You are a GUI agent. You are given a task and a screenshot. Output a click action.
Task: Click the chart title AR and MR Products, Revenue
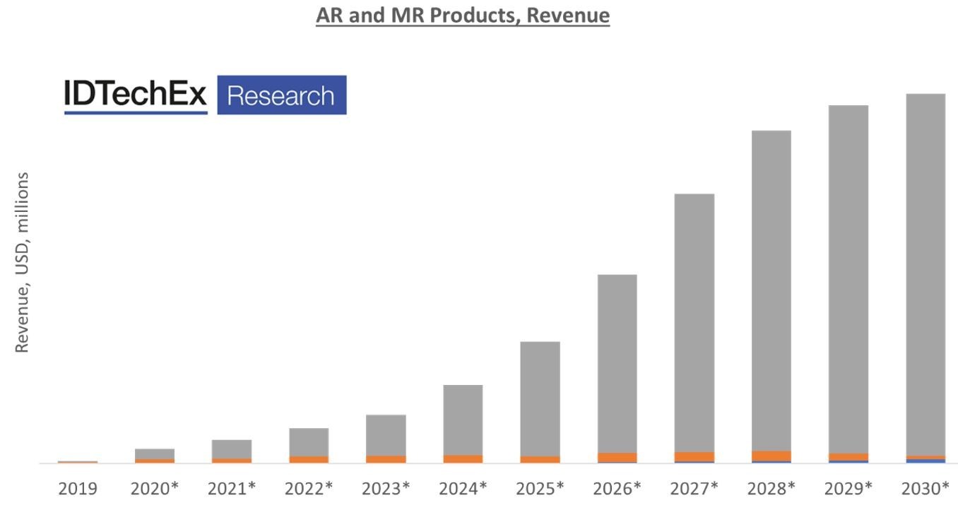tap(463, 15)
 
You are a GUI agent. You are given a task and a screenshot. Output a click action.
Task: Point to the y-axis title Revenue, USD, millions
tap(22, 262)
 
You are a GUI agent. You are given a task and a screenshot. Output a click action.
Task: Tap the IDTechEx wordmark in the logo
tap(135, 95)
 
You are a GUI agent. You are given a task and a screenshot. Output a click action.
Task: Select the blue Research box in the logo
tap(281, 95)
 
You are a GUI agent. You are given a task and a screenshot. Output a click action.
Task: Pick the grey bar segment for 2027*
tap(694, 322)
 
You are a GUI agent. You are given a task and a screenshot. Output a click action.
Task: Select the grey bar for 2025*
tap(540, 398)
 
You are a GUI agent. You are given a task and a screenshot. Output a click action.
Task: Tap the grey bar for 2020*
tap(155, 453)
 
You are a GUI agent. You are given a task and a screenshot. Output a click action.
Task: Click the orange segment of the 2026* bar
tap(617, 457)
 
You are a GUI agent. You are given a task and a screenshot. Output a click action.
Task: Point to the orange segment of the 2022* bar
tap(309, 459)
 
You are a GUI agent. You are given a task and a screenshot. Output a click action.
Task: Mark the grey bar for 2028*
tap(771, 290)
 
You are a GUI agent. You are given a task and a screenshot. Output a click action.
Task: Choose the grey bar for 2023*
tap(386, 434)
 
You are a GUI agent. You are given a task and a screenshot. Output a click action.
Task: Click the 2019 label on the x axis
tap(78, 488)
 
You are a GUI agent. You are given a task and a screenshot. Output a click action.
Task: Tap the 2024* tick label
tap(463, 488)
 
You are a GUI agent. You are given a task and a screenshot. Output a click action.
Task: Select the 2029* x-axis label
tap(848, 488)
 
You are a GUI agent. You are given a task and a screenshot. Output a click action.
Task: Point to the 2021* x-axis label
tap(232, 488)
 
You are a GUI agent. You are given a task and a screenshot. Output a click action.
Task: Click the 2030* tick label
tap(926, 488)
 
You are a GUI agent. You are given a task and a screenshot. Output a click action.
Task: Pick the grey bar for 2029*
tap(848, 278)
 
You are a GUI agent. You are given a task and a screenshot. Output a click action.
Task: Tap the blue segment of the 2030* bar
tap(926, 461)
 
